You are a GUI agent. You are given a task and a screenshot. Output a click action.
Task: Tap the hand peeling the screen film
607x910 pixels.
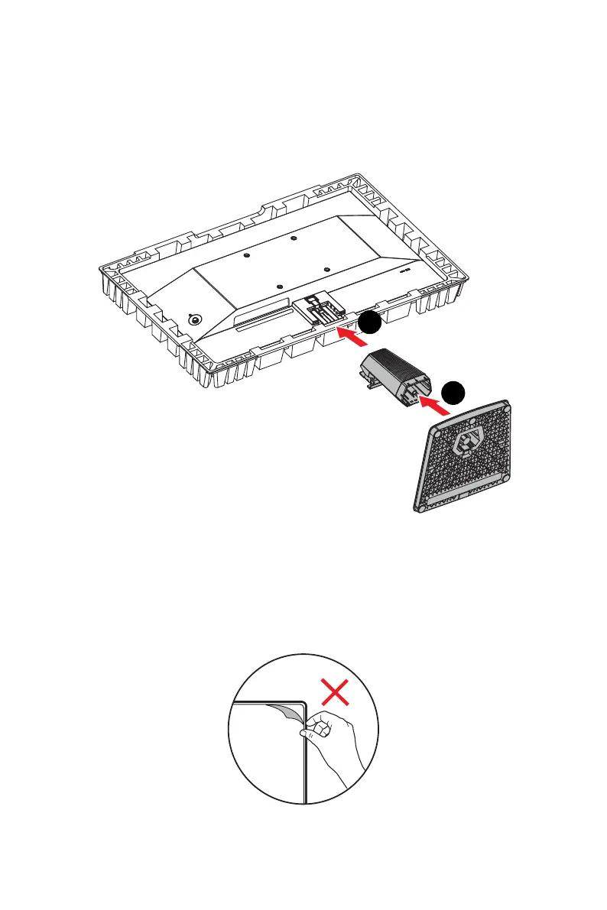tap(328, 733)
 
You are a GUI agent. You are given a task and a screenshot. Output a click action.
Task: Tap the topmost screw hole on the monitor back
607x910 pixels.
tap(294, 238)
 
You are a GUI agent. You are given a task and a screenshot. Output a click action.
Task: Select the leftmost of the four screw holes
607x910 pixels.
tap(246, 256)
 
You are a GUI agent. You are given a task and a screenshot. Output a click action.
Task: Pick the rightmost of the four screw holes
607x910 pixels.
tap(326, 269)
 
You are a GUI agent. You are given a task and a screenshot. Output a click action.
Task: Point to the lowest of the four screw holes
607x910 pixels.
tap(279, 287)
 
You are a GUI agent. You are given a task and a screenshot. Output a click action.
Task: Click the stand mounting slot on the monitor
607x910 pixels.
tap(317, 309)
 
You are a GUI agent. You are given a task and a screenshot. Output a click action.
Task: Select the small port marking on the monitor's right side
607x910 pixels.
tap(405, 268)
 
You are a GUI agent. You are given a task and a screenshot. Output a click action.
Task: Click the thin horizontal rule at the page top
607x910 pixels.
tap(303, 25)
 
